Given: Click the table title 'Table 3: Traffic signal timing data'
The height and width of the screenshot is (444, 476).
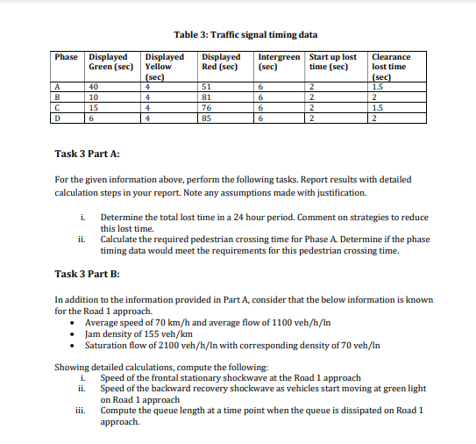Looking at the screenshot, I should coord(245,35).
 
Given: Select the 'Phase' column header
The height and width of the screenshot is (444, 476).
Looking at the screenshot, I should coord(67,57).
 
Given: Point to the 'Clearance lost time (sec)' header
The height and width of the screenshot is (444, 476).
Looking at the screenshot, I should coord(392,67).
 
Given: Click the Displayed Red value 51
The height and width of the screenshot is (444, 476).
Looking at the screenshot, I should coord(207,87).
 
